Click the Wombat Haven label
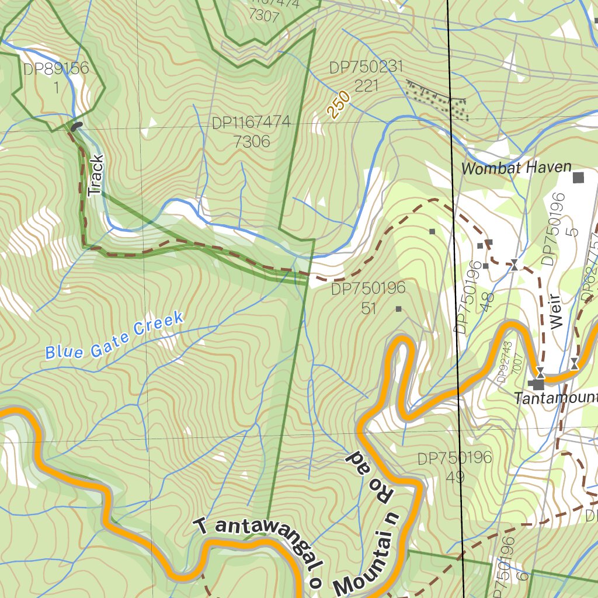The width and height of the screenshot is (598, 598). pos(516,168)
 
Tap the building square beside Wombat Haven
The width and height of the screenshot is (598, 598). pos(578,178)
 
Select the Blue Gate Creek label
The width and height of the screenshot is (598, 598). pos(114,336)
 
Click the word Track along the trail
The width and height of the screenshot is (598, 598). pos(95,175)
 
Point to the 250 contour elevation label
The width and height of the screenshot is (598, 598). pos(339,105)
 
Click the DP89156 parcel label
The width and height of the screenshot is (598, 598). pos(56,69)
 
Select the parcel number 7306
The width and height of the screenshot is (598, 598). pos(251,141)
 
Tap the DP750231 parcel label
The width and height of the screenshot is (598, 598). pos(366,68)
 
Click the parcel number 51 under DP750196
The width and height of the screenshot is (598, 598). pos(368,307)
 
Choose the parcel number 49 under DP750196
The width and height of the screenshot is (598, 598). pos(455,476)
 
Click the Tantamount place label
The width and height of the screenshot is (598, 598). pos(556,398)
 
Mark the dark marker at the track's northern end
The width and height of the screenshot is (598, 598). pos(76,126)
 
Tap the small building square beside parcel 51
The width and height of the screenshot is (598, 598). pos(399,309)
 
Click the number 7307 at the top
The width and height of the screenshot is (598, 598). pos(263,16)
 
